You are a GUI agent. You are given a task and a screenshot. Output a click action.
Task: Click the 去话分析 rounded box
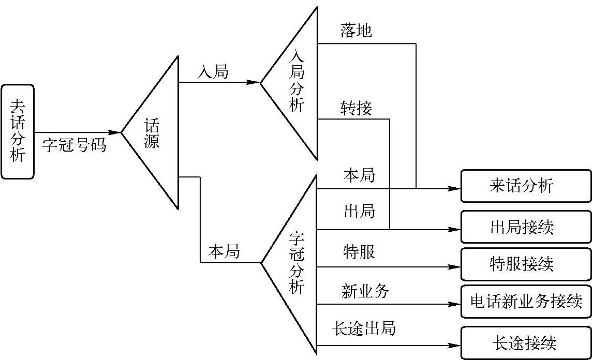pyautogui.click(x=18, y=132)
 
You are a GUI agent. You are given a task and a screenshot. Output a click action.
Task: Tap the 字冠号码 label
pyautogui.click(x=74, y=145)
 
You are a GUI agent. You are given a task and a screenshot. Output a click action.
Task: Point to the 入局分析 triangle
pyautogui.click(x=297, y=83)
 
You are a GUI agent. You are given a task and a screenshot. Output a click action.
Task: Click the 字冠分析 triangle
pyautogui.click(x=297, y=264)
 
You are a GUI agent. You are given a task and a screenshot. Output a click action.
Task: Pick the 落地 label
pyautogui.click(x=356, y=31)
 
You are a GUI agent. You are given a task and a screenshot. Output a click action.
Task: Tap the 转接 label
pyautogui.click(x=356, y=109)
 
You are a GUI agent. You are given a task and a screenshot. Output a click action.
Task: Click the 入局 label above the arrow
pyautogui.click(x=213, y=72)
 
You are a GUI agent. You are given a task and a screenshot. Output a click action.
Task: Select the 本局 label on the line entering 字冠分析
pyautogui.click(x=224, y=252)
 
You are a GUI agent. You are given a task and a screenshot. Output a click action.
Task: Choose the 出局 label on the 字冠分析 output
pyautogui.click(x=359, y=212)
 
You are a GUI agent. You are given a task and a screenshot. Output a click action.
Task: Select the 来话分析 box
pyautogui.click(x=525, y=186)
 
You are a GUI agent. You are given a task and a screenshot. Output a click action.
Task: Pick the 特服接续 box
pyautogui.click(x=525, y=264)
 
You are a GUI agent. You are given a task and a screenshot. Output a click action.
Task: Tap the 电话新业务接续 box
pyautogui.click(x=525, y=302)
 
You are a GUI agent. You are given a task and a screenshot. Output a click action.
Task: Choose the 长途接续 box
pyautogui.click(x=525, y=342)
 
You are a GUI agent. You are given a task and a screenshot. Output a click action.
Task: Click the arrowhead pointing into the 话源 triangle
pyautogui.click(x=115, y=133)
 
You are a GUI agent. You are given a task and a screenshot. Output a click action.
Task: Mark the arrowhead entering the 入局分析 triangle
pyautogui.click(x=254, y=82)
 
